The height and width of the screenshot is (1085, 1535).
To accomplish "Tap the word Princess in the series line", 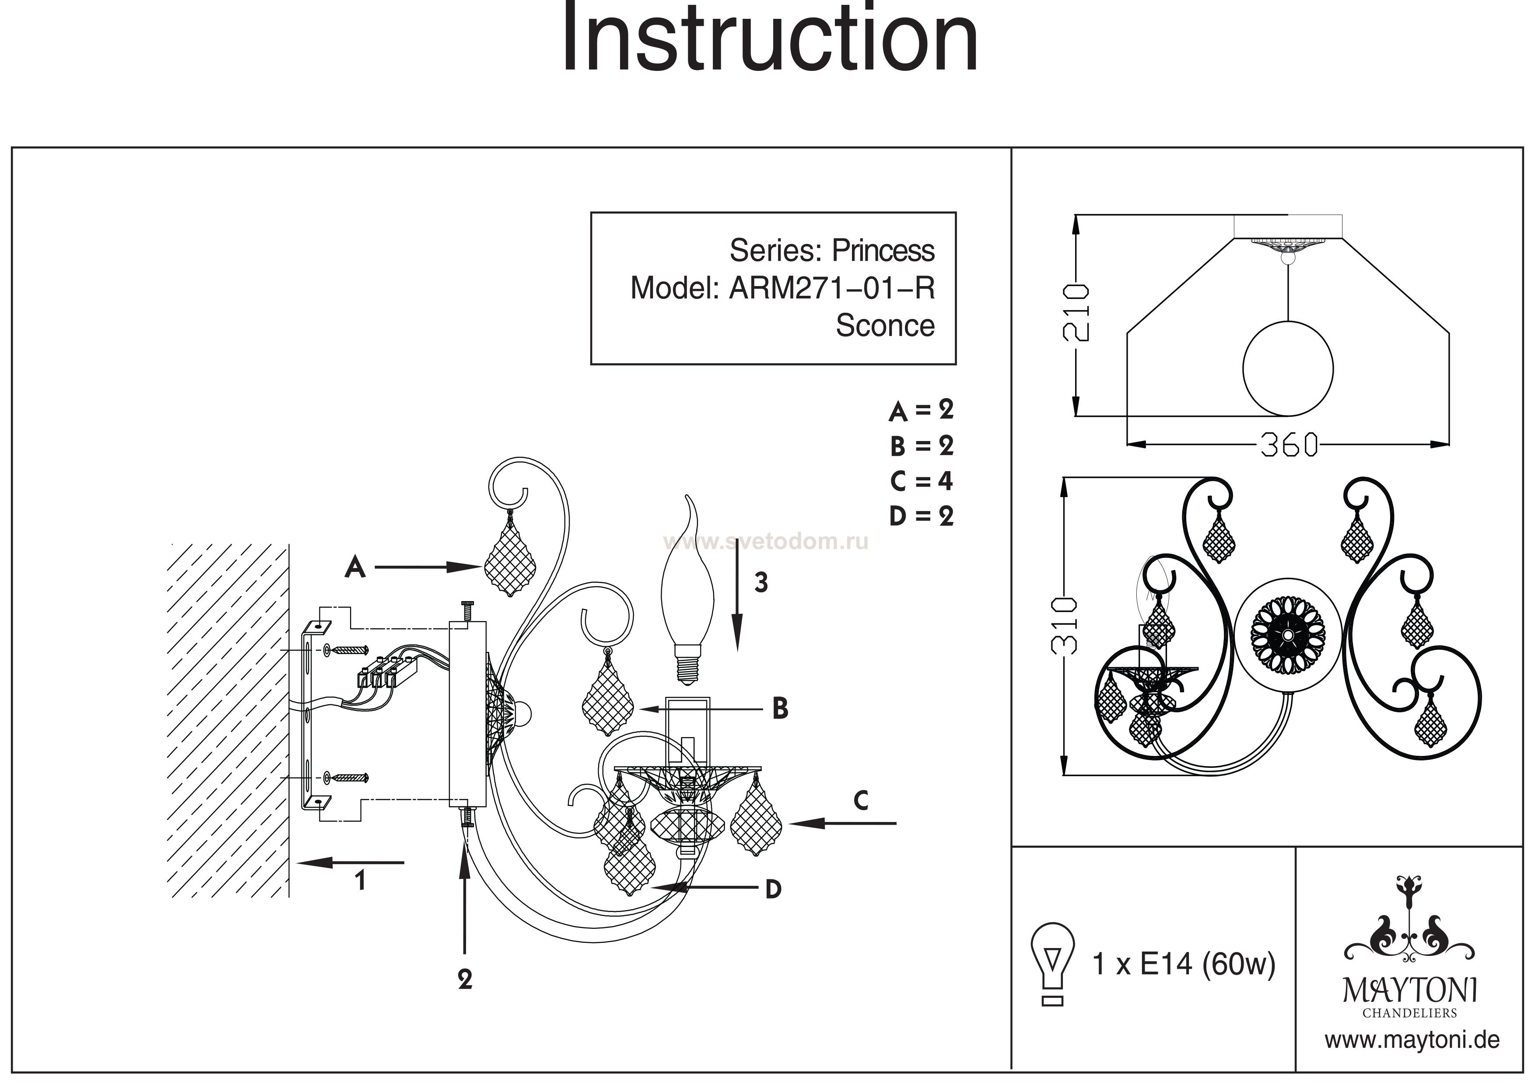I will click(883, 251).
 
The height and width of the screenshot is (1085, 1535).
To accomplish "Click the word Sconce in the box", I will click(884, 325).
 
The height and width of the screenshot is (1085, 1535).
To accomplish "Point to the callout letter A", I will click(355, 567).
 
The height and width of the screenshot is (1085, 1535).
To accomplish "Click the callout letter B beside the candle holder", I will click(780, 708).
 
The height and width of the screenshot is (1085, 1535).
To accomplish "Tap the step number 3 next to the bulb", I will click(761, 583).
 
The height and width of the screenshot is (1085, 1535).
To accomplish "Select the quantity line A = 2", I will click(921, 410).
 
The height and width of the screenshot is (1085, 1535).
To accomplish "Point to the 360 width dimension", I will click(1289, 444).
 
